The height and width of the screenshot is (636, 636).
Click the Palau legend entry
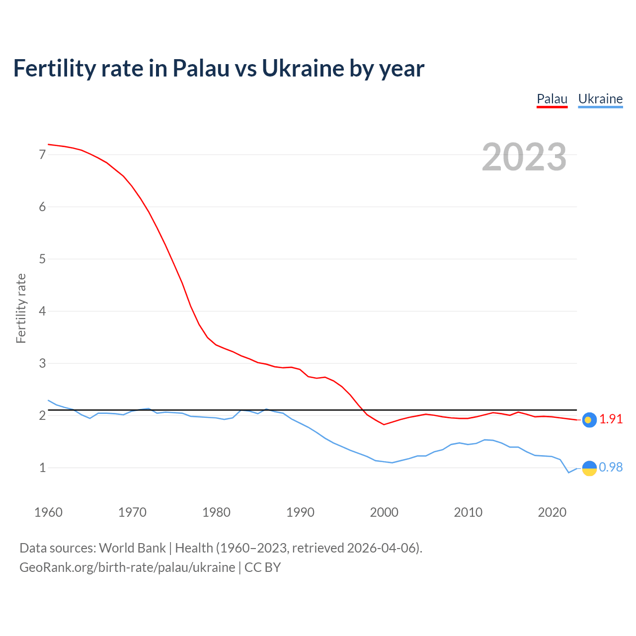click(552, 99)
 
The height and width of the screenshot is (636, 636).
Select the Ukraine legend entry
click(600, 99)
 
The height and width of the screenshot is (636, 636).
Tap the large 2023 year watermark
click(524, 157)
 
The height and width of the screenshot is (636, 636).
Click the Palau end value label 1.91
click(611, 419)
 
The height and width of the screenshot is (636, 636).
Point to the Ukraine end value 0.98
click(611, 468)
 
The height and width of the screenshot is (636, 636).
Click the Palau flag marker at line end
click(589, 420)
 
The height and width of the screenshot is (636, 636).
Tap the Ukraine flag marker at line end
click(589, 468)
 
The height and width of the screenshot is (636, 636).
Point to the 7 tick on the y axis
click(42, 155)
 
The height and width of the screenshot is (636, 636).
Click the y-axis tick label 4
click(42, 312)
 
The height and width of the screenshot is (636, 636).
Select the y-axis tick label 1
click(42, 468)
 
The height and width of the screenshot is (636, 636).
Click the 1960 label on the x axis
click(48, 512)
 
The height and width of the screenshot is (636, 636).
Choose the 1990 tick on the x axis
click(300, 512)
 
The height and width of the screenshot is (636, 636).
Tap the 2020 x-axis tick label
click(552, 512)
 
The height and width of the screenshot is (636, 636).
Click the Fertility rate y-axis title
click(21, 308)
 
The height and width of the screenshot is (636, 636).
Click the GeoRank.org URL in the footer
click(127, 567)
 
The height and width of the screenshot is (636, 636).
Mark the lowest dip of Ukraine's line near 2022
click(569, 473)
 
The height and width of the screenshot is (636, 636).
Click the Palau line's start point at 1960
click(48, 145)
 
